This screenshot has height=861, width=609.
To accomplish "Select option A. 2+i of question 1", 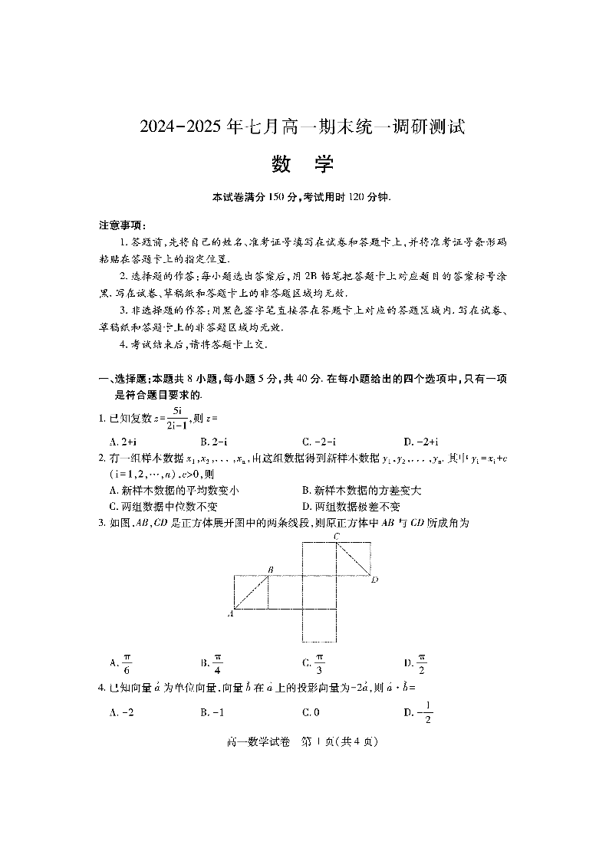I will tap(123, 442).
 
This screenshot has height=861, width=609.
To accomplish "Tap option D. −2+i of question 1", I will tap(421, 442).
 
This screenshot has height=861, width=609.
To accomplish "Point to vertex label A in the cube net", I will tap(230, 613).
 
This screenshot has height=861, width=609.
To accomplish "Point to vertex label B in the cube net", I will tap(270, 569).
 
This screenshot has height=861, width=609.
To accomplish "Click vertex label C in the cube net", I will tap(336, 536).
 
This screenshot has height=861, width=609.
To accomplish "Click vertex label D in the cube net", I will tap(374, 580).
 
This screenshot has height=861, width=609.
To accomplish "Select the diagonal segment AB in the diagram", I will tap(251, 592).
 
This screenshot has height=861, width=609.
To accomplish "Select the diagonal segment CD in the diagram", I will tap(354, 558).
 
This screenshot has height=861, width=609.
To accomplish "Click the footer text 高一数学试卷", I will tap(265, 741).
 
